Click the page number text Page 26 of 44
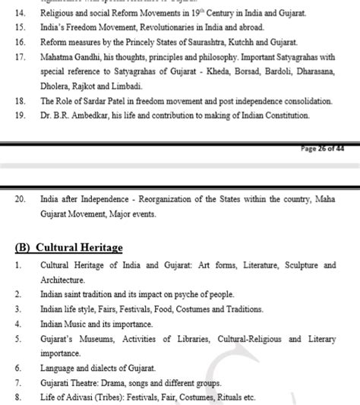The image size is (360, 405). tap(323, 149)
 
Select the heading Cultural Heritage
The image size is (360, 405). tap(79, 248)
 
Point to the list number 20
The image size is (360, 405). tap(21, 199)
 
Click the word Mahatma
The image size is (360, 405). tap(58, 57)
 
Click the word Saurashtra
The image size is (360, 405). tap(216, 43)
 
